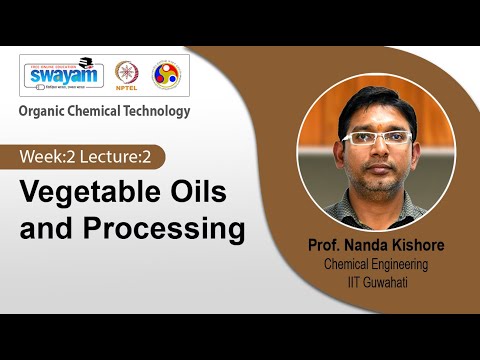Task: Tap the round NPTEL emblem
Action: click(126, 73)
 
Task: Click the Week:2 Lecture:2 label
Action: click(91, 157)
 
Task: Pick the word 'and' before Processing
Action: click(43, 229)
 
